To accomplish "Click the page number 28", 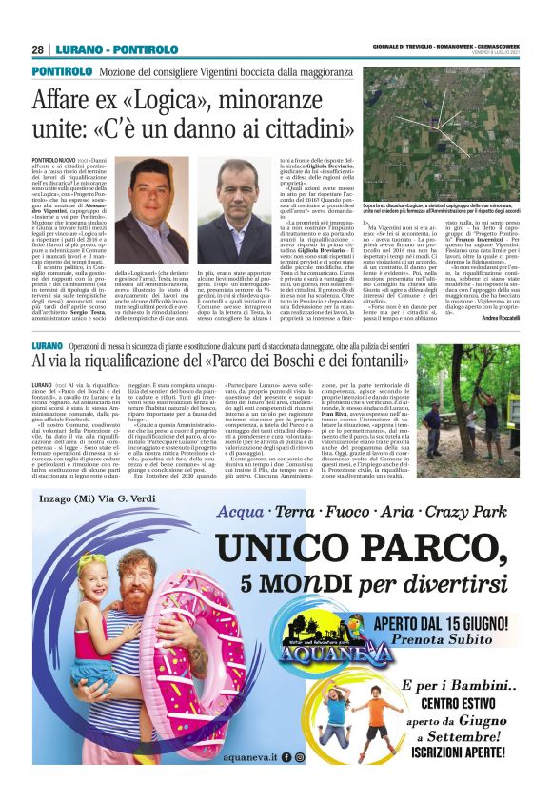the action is click(x=37, y=49).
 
